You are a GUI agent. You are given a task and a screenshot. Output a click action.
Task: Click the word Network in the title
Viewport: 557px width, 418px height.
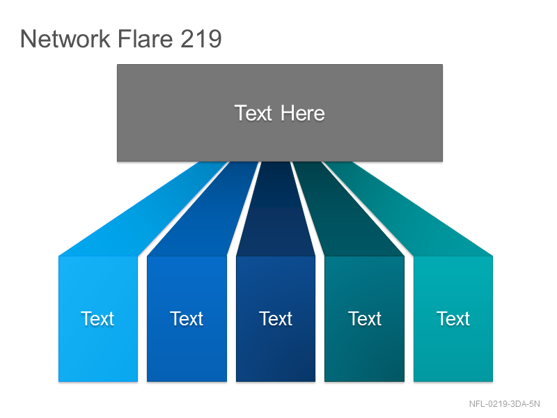[65, 38]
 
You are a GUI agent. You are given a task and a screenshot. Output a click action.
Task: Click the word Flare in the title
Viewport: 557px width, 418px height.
[145, 38]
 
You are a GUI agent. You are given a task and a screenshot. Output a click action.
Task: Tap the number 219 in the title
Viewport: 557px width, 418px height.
[201, 38]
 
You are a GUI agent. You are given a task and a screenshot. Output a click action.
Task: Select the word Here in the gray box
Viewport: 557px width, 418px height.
[303, 114]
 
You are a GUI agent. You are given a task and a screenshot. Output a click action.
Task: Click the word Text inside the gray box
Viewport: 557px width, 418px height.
[253, 114]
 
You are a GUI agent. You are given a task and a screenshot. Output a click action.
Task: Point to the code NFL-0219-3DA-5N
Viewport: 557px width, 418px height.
[504, 404]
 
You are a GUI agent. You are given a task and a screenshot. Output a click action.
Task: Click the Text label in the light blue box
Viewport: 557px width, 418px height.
[97, 318]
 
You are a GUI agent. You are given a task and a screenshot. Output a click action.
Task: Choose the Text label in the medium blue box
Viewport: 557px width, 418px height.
[187, 318]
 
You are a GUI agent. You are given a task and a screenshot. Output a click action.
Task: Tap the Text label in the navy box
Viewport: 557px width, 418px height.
[276, 318]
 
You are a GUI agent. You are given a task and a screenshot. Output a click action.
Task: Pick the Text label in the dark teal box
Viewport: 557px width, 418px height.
[365, 318]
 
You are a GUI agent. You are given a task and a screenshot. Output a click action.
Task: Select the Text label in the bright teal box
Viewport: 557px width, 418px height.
[453, 318]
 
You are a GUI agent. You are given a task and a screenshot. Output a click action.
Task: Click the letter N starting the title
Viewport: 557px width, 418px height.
[27, 38]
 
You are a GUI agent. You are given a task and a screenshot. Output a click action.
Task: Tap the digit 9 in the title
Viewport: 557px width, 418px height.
[215, 38]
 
